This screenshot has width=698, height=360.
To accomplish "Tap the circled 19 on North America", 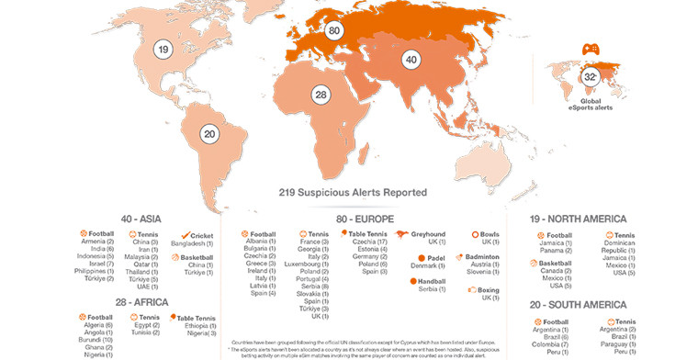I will pyautogui.click(x=163, y=50).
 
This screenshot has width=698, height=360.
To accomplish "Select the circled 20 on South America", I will pyautogui.click(x=209, y=134).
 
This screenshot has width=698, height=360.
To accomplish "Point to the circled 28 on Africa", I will pyautogui.click(x=320, y=96).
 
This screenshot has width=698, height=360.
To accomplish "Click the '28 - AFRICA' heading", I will pyautogui.click(x=147, y=302).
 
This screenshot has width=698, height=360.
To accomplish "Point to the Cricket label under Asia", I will pyautogui.click(x=202, y=234).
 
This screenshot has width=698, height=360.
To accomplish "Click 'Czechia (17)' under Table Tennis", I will pyautogui.click(x=367, y=242).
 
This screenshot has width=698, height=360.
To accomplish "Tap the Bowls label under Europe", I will pyautogui.click(x=490, y=234).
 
